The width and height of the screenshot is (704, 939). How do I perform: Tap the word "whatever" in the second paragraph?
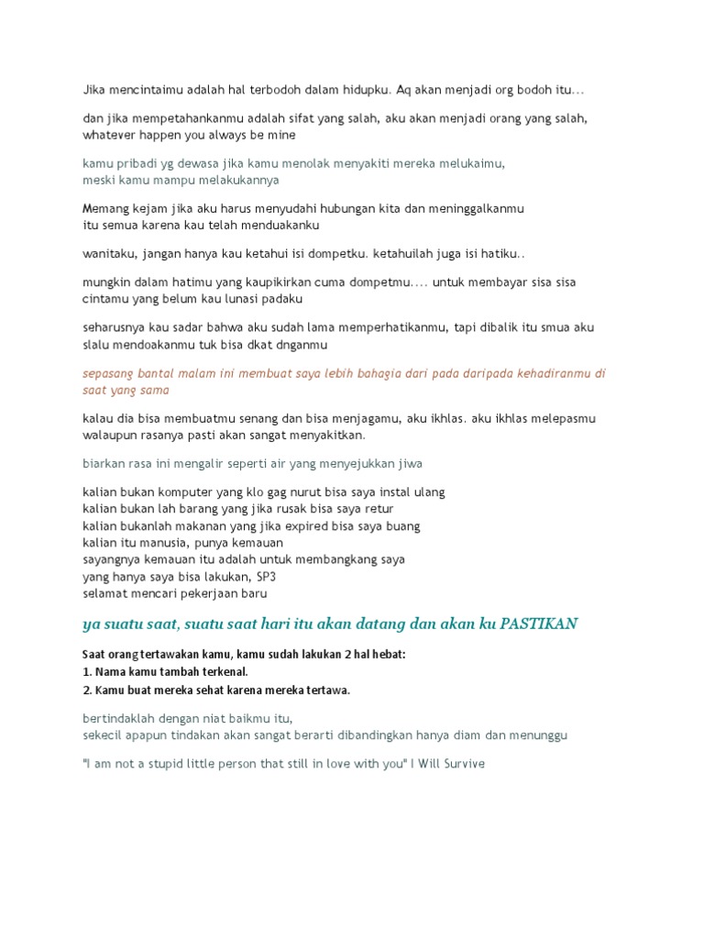109,136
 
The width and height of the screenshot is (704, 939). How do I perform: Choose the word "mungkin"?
107,282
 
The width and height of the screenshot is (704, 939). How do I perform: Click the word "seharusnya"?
115,327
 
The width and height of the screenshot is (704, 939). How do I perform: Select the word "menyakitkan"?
330,436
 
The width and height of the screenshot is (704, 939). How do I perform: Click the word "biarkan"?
104,463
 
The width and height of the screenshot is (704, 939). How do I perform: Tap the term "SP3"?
267,577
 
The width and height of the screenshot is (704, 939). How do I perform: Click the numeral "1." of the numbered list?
87,672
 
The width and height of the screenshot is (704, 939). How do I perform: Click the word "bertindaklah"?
117,718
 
